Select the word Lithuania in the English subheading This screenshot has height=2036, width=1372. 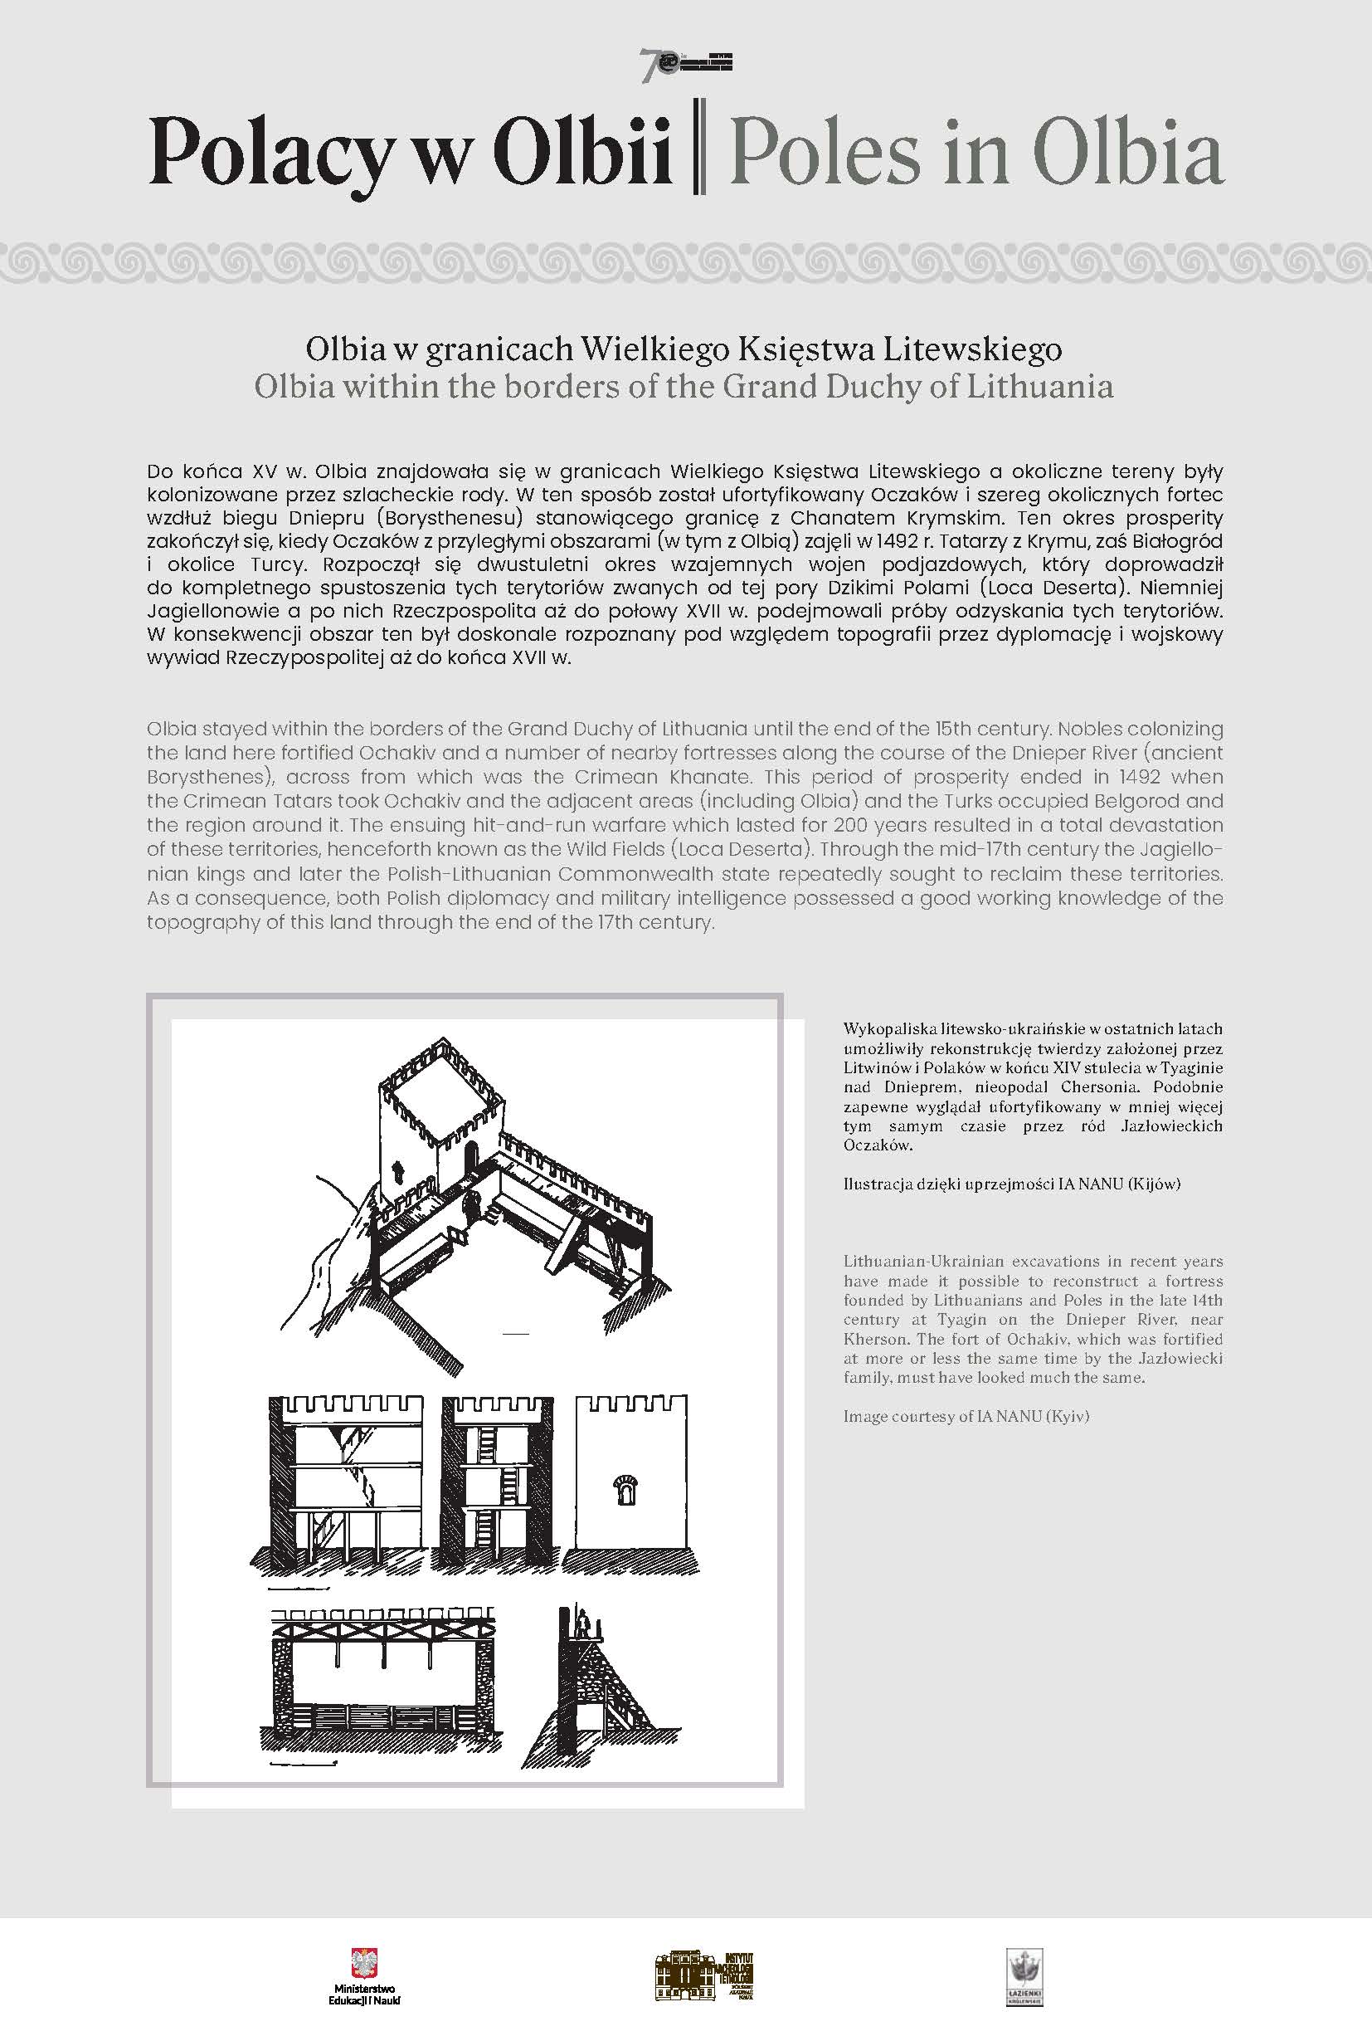pos(1039,386)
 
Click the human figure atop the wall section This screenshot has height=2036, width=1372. pos(581,1628)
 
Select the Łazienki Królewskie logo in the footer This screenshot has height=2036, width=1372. pos(1024,1976)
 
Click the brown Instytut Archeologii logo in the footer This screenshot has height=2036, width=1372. pos(704,1975)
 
